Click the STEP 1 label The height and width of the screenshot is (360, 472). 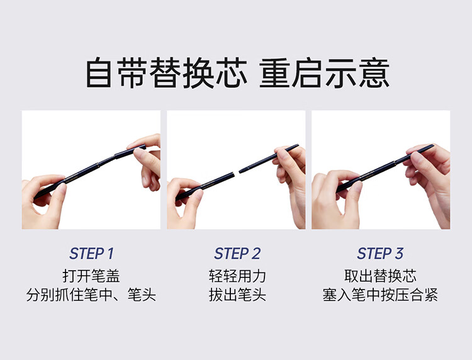click(91, 254)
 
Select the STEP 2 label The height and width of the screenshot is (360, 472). click(237, 254)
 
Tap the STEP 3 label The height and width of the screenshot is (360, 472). click(380, 254)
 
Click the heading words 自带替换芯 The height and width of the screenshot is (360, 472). click(167, 73)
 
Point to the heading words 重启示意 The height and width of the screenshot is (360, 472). click(325, 73)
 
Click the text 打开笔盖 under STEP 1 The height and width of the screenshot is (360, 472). click(91, 276)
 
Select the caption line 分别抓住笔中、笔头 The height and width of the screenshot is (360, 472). click(91, 295)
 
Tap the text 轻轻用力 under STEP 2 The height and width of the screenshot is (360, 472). click(237, 276)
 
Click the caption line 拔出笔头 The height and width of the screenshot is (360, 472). click(237, 295)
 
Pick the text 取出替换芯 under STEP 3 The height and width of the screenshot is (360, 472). click(380, 276)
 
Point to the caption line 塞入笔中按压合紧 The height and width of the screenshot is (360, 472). click(380, 295)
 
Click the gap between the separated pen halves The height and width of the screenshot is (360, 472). click(237, 172)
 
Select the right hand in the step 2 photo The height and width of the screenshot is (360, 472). click(291, 181)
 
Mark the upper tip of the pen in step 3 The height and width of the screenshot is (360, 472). click(434, 145)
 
